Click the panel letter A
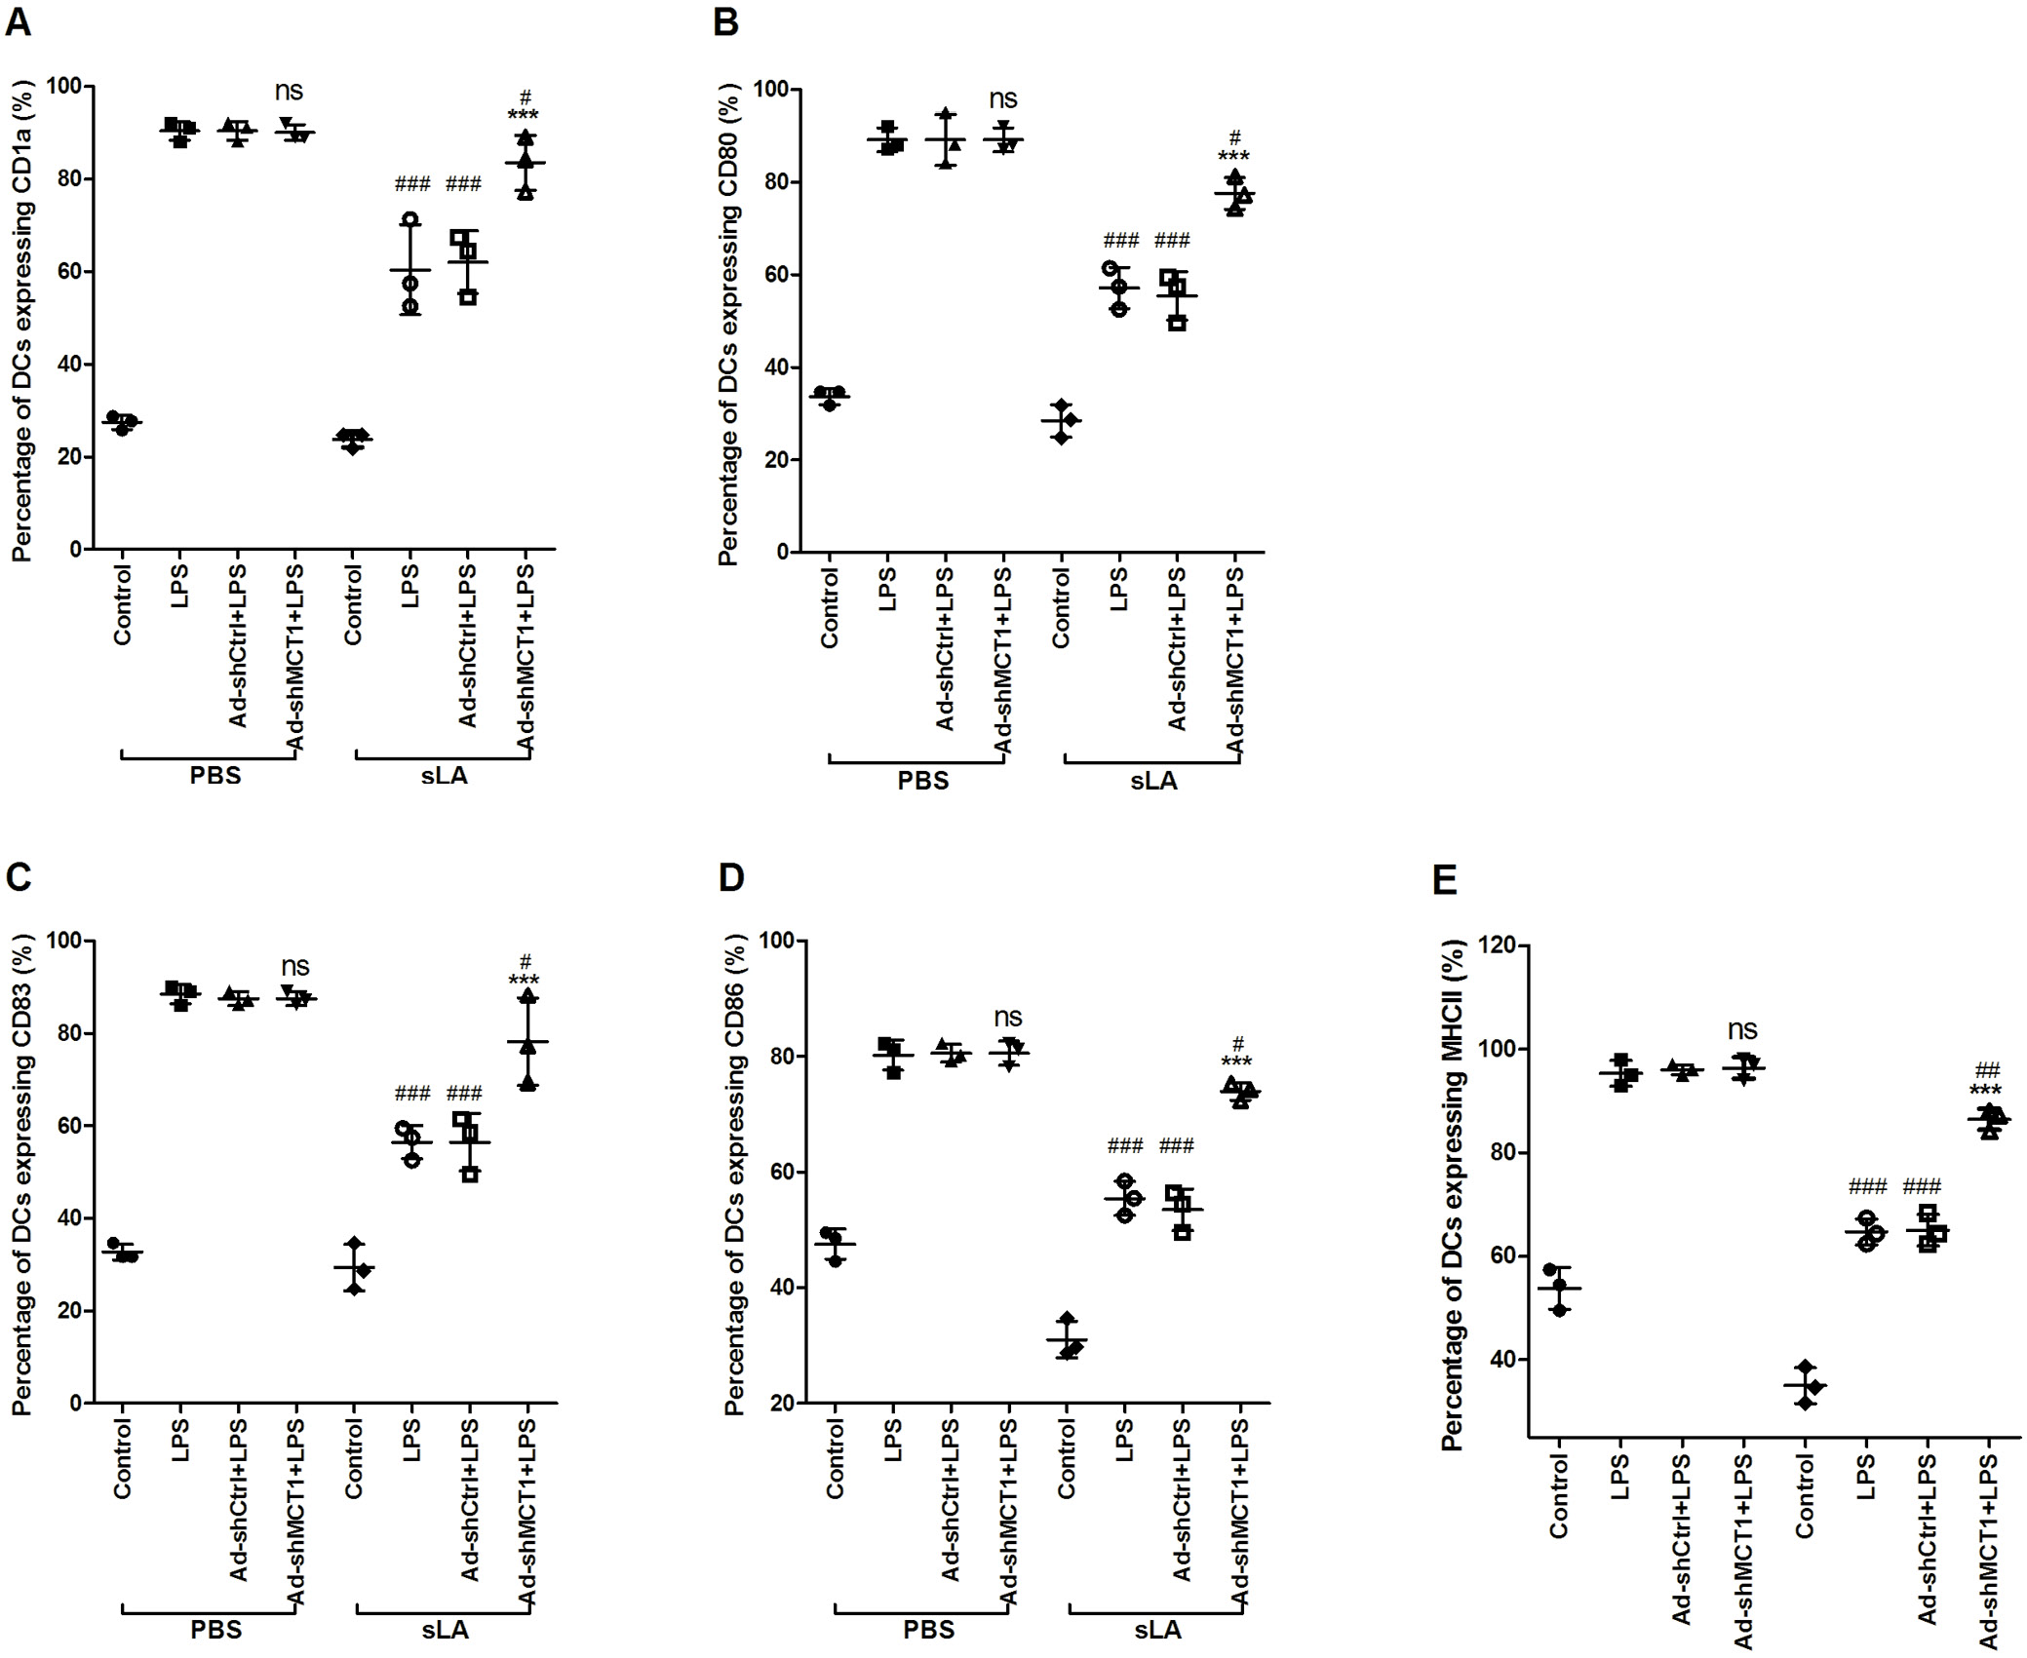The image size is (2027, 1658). point(19,21)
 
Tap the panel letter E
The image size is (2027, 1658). point(1443,880)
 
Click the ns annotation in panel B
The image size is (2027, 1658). point(1003,98)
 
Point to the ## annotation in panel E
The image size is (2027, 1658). point(1988,1069)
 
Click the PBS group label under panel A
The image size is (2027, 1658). point(215,777)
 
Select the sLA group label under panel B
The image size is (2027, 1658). point(1153,781)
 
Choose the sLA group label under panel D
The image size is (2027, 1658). point(1157,1631)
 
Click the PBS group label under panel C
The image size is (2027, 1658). point(215,1631)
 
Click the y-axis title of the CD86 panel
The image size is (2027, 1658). point(734,1175)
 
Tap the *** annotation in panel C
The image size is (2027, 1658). point(525,981)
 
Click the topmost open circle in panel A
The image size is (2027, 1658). point(410,220)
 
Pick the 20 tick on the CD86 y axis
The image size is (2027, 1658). point(777,1404)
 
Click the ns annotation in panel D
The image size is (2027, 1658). point(1008,1018)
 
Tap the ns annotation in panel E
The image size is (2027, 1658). point(1742,1029)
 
